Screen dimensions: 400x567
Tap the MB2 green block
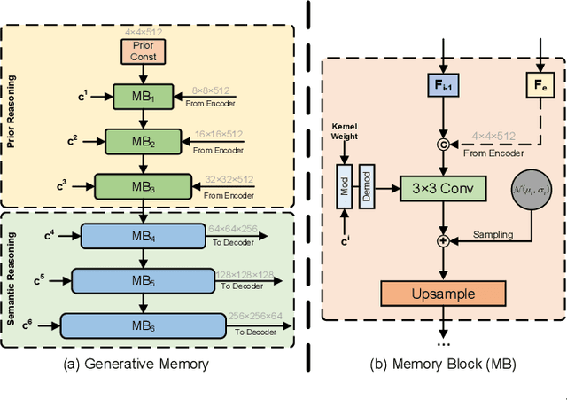142,140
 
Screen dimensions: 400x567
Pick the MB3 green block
142,187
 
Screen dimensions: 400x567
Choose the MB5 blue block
142,281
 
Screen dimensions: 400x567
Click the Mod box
345,188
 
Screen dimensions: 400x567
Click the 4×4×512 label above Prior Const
142,29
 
